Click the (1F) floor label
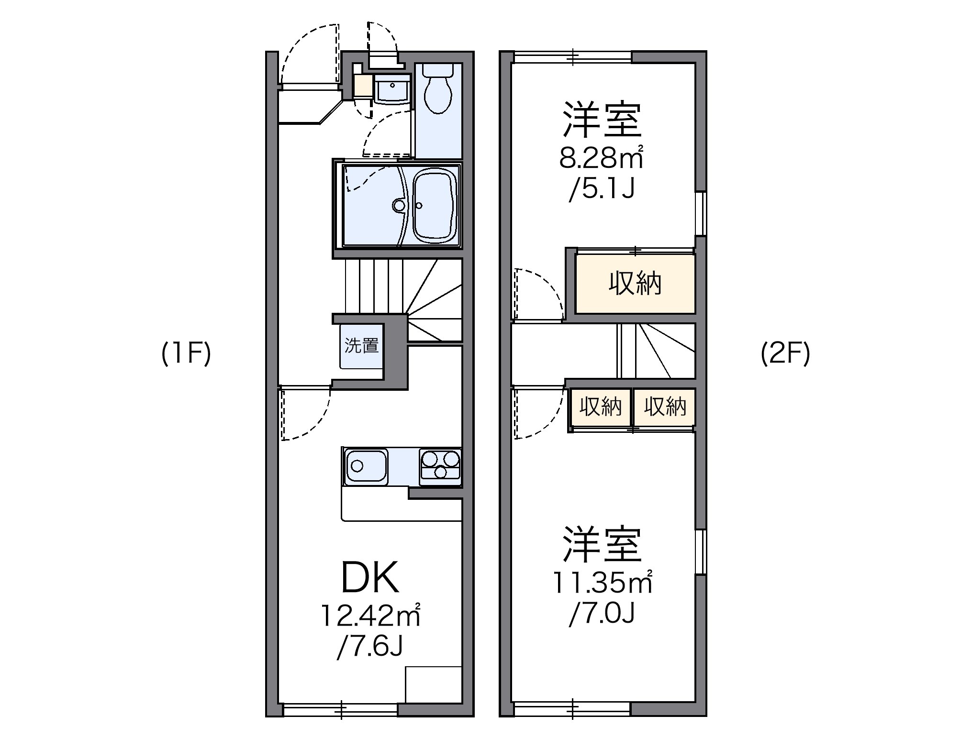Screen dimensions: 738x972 point(186,354)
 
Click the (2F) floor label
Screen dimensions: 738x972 point(785,354)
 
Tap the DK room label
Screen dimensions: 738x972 point(369,578)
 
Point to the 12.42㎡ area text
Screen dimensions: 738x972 point(369,616)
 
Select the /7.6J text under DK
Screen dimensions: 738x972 point(369,646)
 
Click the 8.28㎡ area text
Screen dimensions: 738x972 point(601,158)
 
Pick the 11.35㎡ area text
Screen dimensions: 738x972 point(602,583)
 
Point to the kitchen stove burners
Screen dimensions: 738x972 point(440,465)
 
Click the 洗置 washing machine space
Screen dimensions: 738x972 point(362,346)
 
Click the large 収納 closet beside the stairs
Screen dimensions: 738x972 point(635,284)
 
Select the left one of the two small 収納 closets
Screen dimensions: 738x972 point(600,407)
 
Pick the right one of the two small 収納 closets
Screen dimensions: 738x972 point(665,407)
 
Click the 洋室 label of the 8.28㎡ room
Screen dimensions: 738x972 point(602,120)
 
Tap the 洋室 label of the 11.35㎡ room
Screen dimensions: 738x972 point(602,544)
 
